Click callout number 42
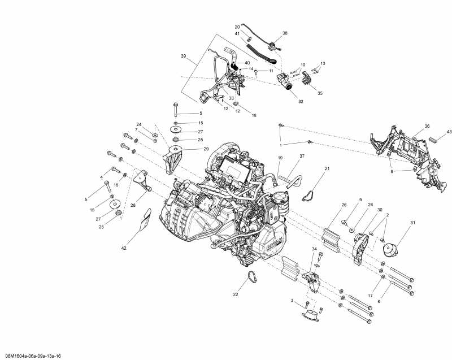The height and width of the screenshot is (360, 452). (124, 248)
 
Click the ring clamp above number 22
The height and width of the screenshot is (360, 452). (249, 278)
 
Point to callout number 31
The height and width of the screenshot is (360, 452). (412, 222)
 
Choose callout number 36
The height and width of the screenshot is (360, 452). (427, 126)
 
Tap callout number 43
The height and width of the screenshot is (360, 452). (449, 132)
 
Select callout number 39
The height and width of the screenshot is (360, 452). (183, 56)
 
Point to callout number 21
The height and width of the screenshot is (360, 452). (327, 168)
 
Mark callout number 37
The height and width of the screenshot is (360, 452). (302, 156)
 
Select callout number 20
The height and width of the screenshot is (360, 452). (237, 27)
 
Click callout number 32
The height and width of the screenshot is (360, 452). (301, 102)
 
